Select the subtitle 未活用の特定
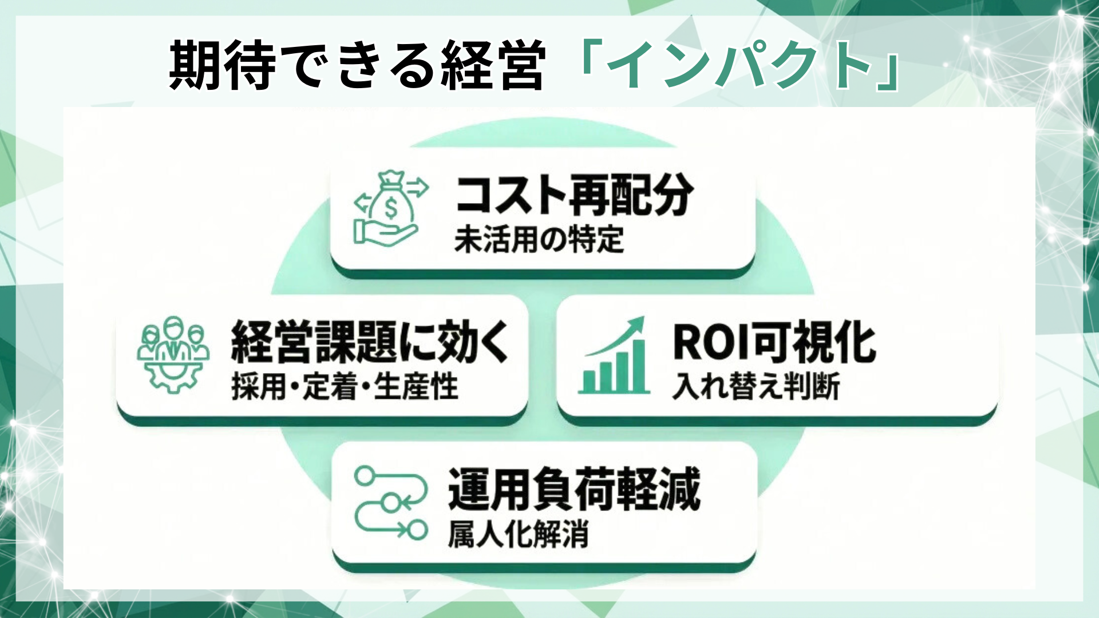[x=539, y=240]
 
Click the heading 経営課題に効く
[x=369, y=342]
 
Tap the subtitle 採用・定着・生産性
[x=345, y=387]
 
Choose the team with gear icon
[x=173, y=354]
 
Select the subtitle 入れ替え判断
[x=756, y=387]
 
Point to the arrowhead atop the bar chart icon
[x=637, y=324]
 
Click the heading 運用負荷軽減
[x=574, y=489]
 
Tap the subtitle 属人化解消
[x=518, y=535]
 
